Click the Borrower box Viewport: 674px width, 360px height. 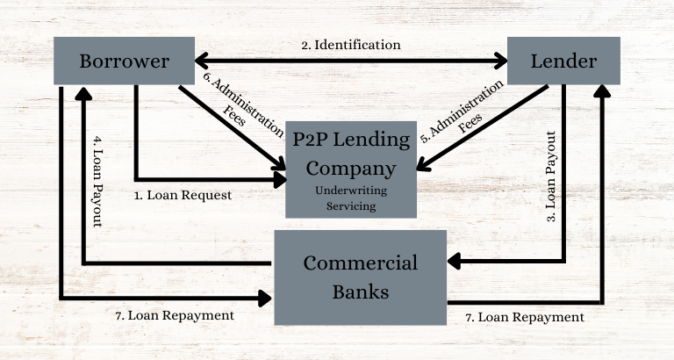click(x=124, y=61)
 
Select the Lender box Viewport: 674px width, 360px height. click(x=563, y=61)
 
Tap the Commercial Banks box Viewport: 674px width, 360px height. click(x=361, y=277)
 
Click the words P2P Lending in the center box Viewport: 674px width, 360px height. click(x=351, y=139)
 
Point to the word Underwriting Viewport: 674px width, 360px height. click(x=351, y=190)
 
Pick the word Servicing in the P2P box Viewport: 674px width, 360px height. click(x=351, y=205)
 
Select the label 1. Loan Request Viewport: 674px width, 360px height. click(x=183, y=195)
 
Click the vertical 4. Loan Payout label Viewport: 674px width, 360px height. click(x=97, y=180)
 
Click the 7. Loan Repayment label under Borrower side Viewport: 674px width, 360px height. click(x=175, y=314)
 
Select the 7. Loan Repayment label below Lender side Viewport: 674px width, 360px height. click(x=524, y=316)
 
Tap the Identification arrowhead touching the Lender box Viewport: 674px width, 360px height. click(x=501, y=61)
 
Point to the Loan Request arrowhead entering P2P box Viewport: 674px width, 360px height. click(x=280, y=179)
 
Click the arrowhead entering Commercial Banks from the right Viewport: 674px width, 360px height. click(x=454, y=262)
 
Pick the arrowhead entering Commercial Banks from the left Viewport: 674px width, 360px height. click(x=267, y=298)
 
